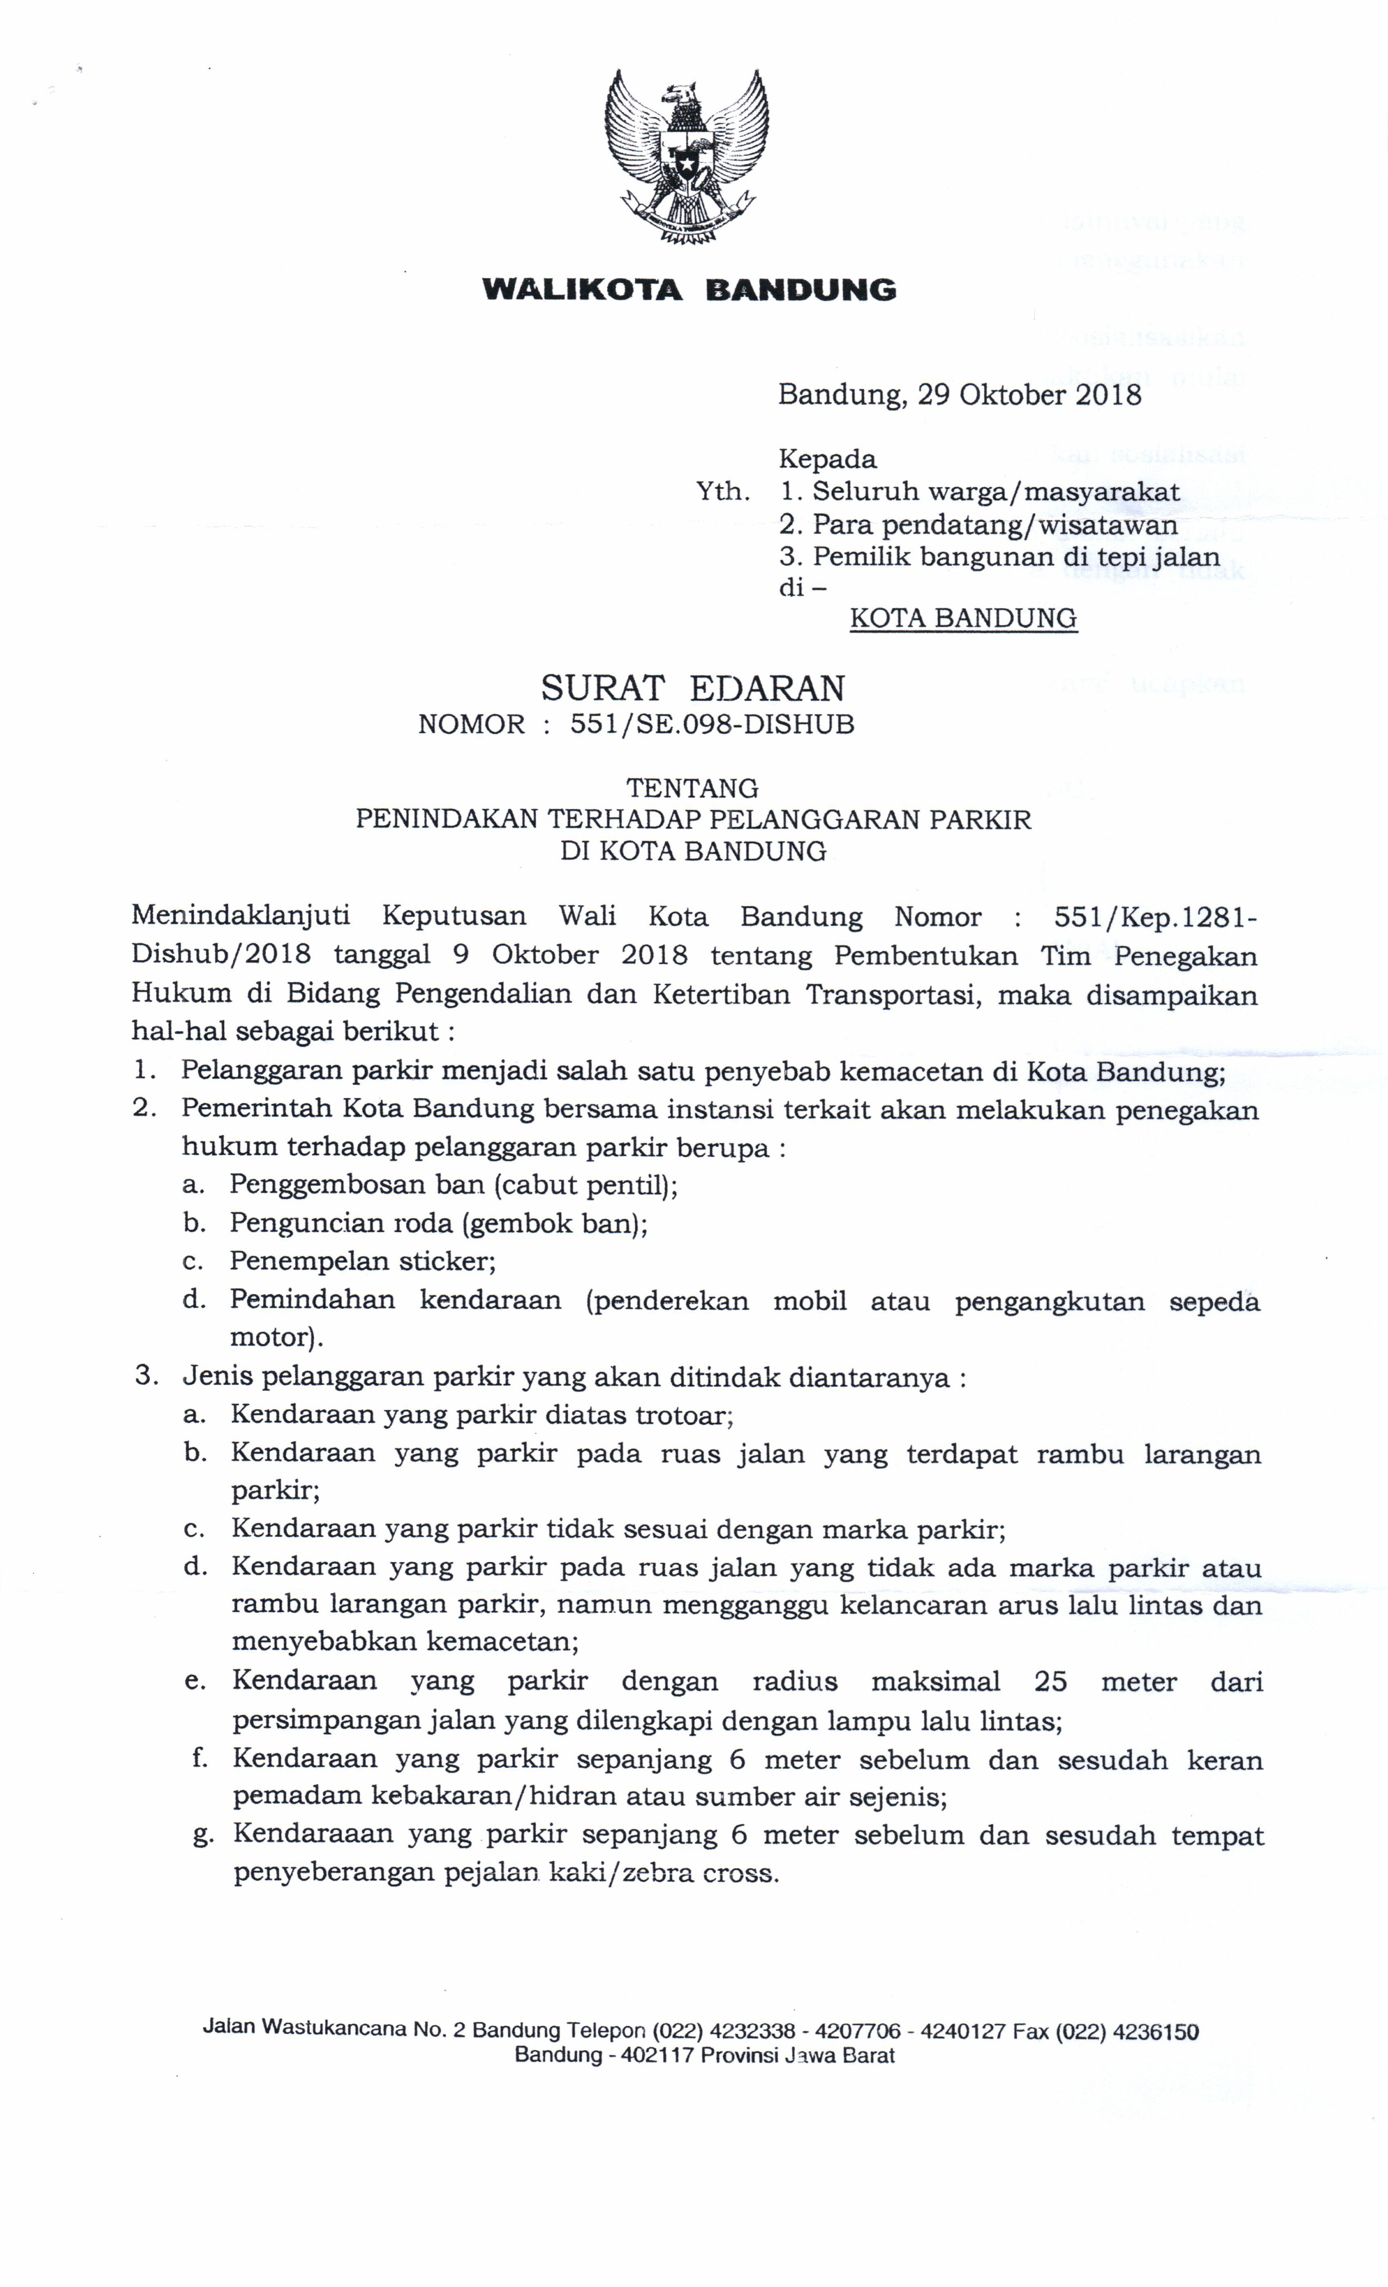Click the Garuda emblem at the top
tap(686, 156)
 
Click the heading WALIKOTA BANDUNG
tap(689, 290)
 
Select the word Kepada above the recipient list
tap(827, 458)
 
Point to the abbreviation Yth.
tap(723, 491)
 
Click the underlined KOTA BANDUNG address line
tap(963, 618)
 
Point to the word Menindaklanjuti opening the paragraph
tap(240, 916)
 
